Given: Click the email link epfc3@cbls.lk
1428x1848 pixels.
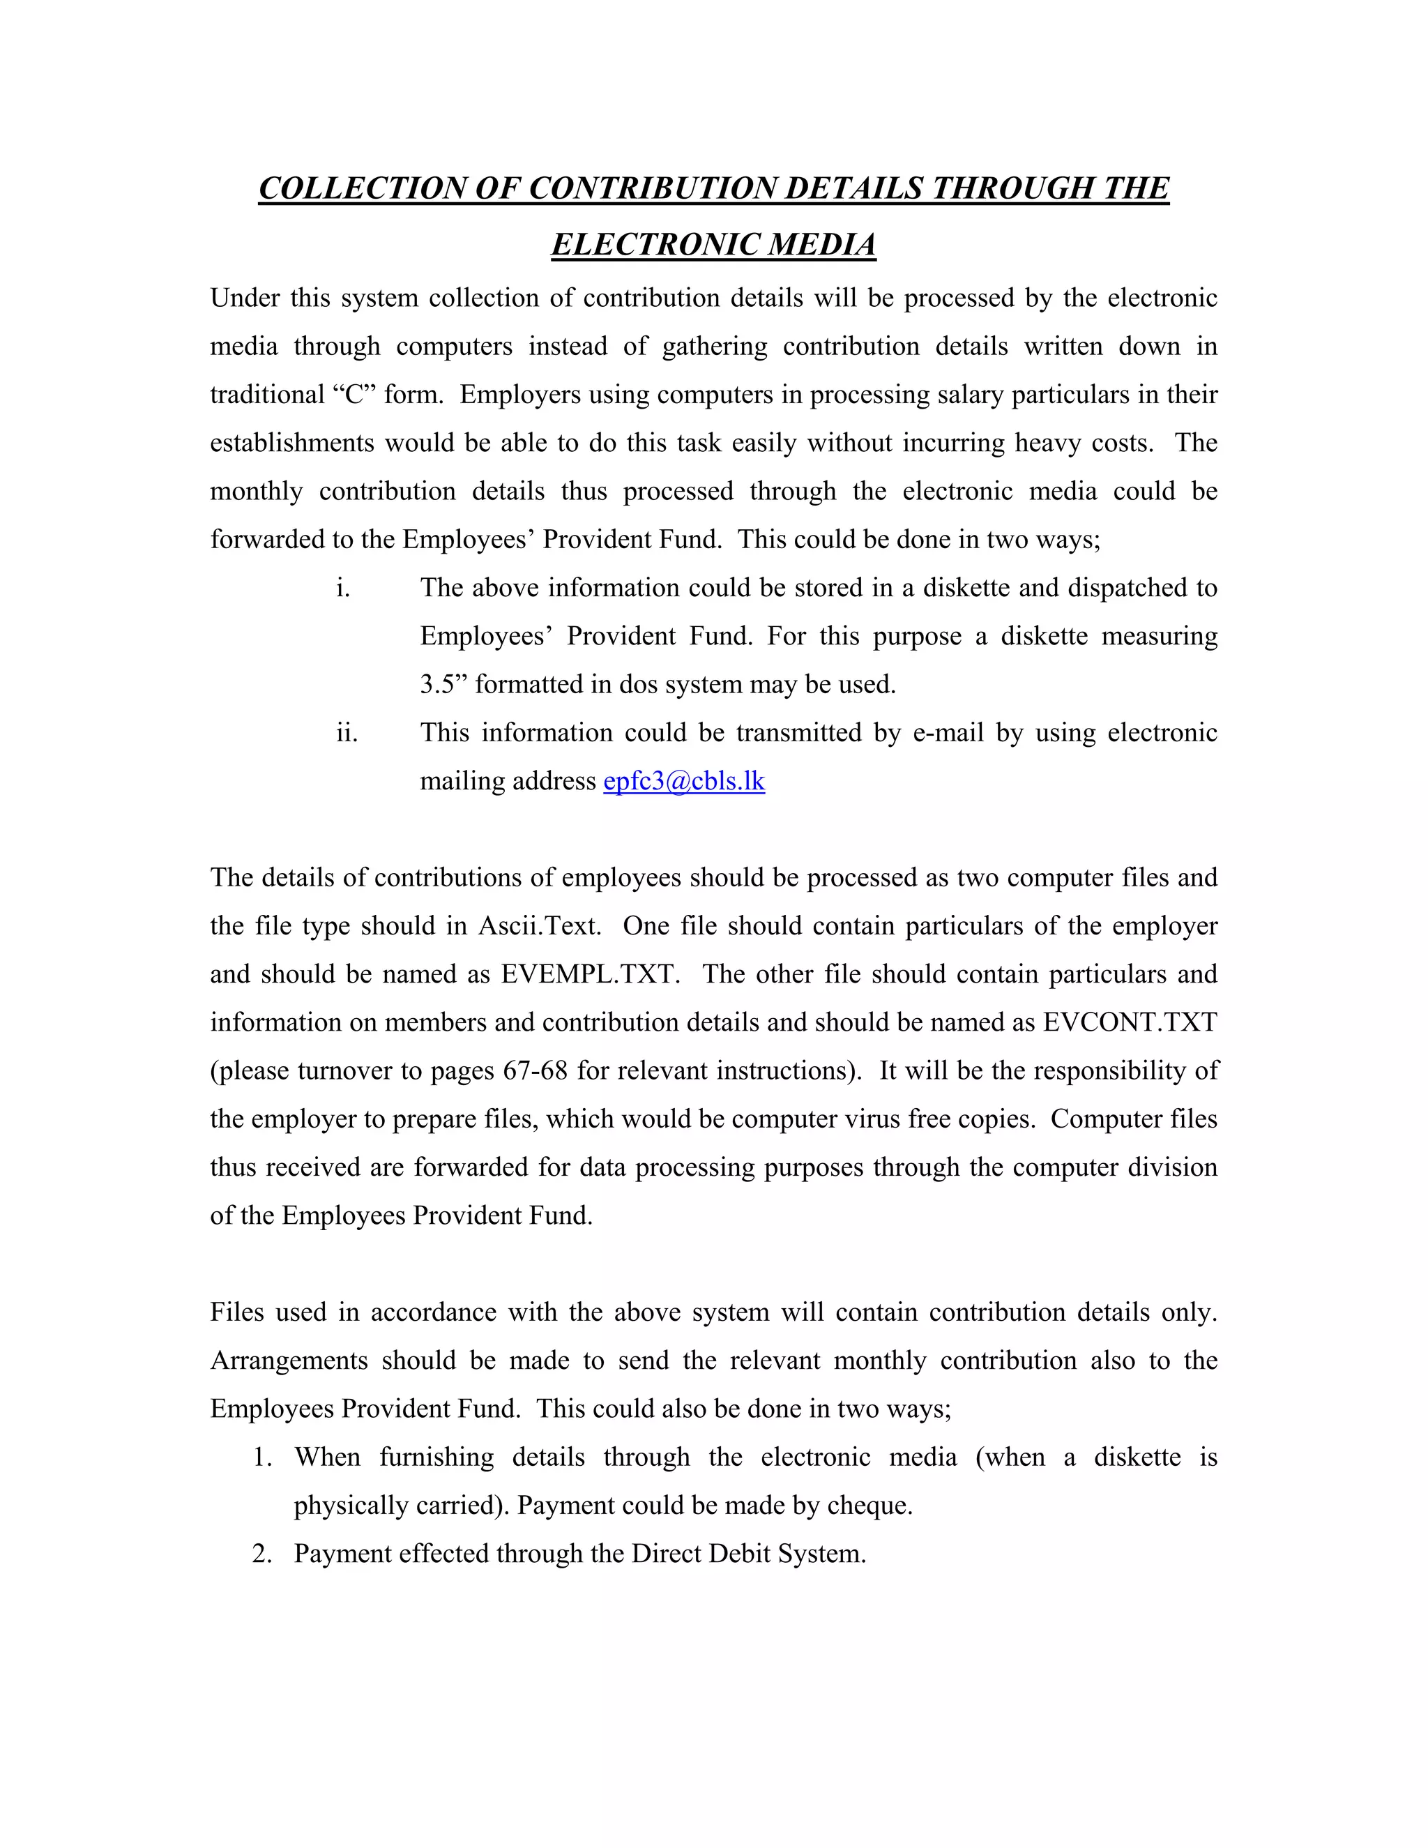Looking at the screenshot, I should click(x=683, y=781).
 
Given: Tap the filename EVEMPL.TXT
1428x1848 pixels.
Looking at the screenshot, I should click(x=591, y=974).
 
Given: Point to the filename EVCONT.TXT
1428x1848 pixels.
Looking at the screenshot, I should click(x=1130, y=1022).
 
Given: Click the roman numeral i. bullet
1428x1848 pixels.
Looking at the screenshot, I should click(x=342, y=588).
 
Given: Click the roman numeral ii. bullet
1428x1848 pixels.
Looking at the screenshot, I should click(x=347, y=733).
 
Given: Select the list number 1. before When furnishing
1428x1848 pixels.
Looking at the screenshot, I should click(x=262, y=1457).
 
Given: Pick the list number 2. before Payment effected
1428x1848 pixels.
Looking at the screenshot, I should click(x=262, y=1554).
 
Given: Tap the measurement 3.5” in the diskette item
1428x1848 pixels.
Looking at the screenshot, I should click(x=443, y=685).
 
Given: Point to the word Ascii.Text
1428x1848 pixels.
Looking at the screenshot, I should click(x=540, y=925).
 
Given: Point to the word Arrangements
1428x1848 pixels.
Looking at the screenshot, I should click(x=289, y=1361).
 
